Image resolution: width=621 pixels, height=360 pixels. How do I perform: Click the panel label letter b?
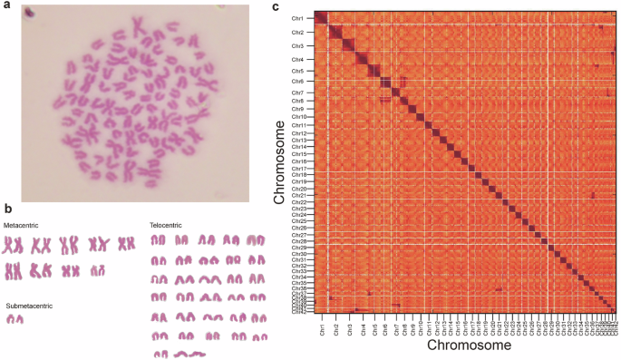(x=5, y=208)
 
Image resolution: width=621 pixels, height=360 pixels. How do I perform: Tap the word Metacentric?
(x=21, y=223)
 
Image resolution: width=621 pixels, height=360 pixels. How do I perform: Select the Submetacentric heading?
(x=29, y=306)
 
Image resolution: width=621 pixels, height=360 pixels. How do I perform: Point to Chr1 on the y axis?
(x=297, y=19)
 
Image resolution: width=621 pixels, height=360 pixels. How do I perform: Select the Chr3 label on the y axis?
(x=297, y=46)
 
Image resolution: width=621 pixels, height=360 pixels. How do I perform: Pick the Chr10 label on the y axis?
(x=296, y=117)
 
